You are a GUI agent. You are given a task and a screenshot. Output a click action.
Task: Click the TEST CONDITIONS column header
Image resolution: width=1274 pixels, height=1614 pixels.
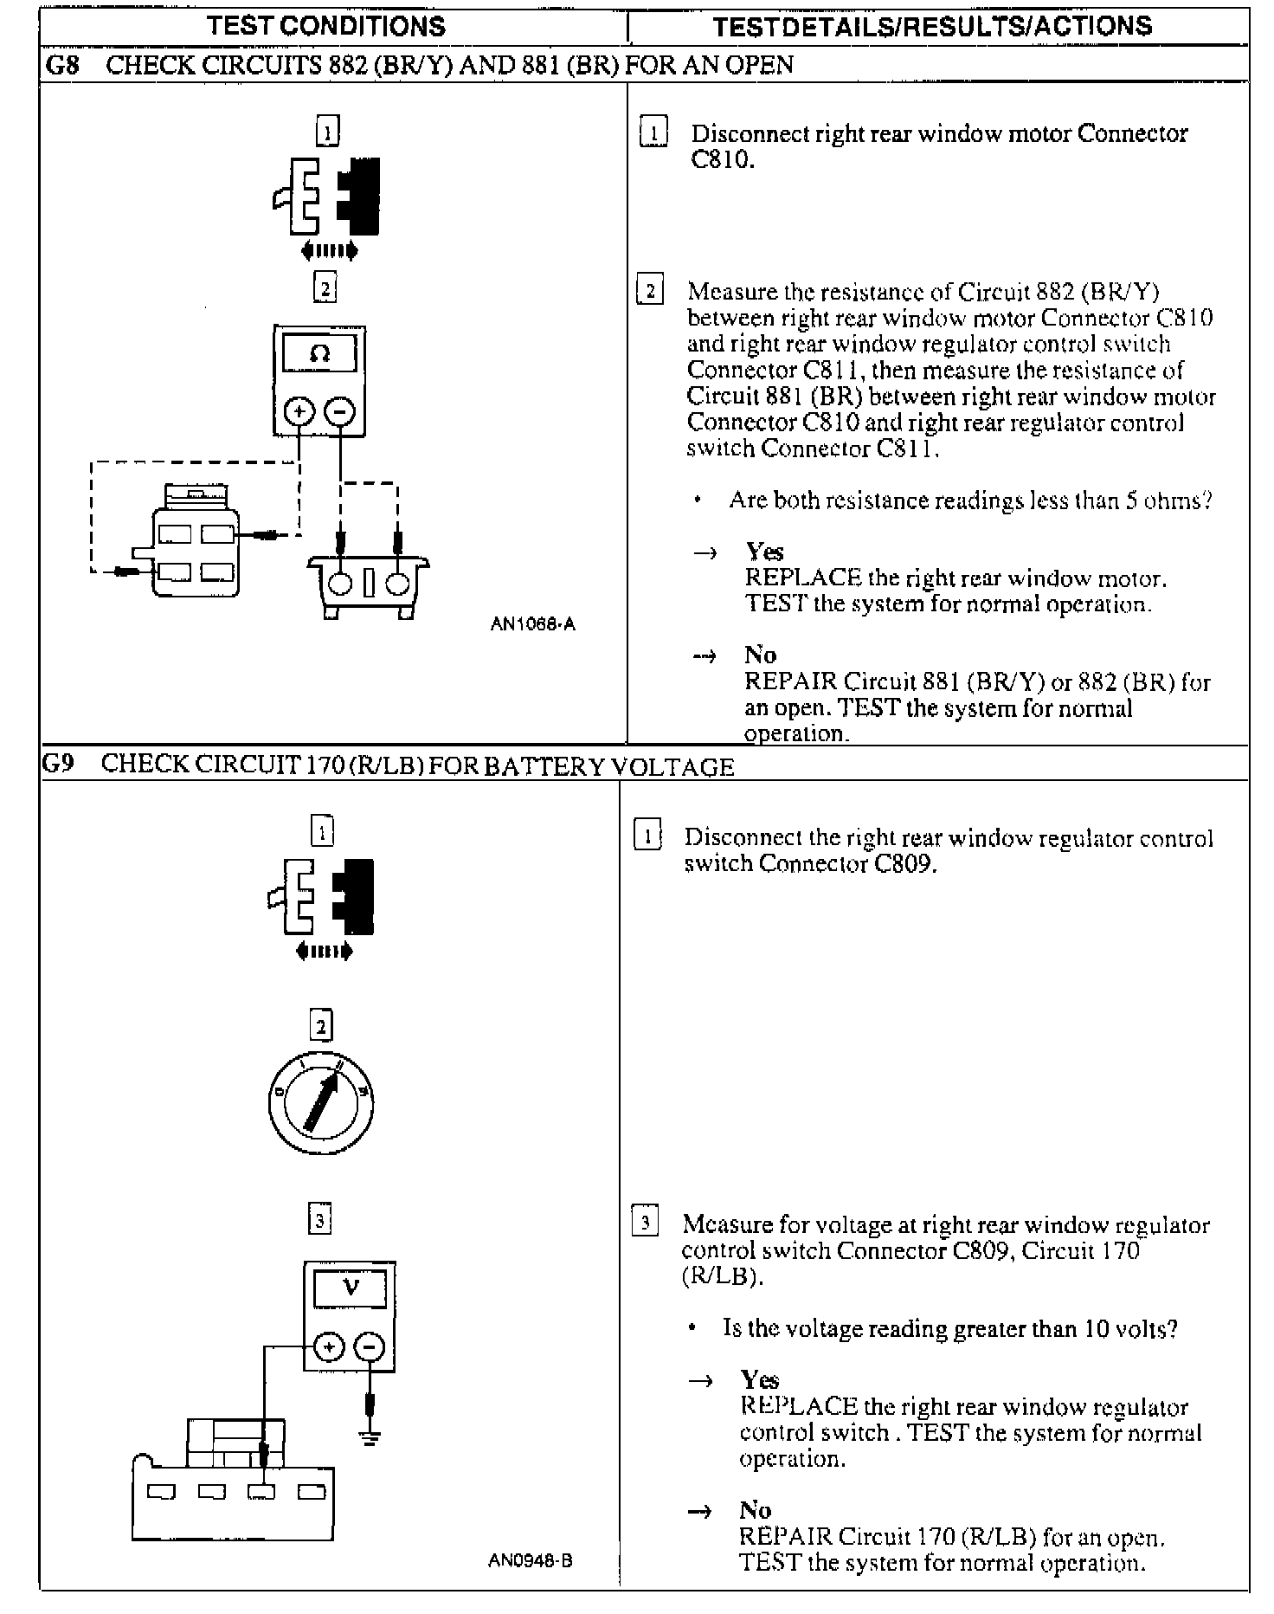[327, 26]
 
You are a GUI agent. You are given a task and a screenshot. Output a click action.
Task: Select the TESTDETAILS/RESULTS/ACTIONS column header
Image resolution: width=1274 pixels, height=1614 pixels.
[932, 27]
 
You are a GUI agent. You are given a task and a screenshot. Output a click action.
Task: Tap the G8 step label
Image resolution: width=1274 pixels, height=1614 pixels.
[61, 66]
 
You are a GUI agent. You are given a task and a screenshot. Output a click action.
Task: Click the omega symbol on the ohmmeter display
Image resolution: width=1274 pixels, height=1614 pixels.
[319, 354]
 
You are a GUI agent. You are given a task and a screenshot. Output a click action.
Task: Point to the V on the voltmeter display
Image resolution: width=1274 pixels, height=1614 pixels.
[350, 1287]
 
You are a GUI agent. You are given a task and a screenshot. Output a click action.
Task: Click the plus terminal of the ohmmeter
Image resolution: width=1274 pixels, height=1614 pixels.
[299, 411]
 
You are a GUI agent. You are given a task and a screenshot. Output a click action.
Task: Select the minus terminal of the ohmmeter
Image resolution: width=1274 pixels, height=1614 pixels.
[339, 411]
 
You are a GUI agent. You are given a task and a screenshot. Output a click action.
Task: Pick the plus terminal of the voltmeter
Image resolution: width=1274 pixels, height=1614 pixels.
[329, 1347]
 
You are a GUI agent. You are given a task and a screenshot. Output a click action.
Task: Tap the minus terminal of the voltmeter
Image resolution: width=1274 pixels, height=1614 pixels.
[370, 1347]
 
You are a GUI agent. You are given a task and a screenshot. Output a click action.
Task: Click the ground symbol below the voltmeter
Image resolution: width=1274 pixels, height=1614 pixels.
[370, 1439]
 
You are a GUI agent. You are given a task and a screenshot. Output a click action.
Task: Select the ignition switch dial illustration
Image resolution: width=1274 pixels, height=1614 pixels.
[320, 1101]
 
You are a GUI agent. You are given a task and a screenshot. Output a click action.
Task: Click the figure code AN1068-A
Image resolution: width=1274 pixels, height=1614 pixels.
[532, 623]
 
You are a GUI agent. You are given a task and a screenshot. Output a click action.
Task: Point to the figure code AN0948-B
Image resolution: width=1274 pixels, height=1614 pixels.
[531, 1561]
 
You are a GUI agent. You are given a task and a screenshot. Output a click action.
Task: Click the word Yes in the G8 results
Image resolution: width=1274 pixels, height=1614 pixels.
[764, 552]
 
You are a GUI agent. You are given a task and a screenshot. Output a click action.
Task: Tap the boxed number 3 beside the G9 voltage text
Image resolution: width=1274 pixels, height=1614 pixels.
[645, 1223]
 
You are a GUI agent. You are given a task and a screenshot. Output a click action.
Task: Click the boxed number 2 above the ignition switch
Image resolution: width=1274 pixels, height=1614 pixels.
[321, 1027]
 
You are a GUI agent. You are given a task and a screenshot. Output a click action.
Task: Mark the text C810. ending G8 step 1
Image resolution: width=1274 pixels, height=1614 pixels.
[723, 161]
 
